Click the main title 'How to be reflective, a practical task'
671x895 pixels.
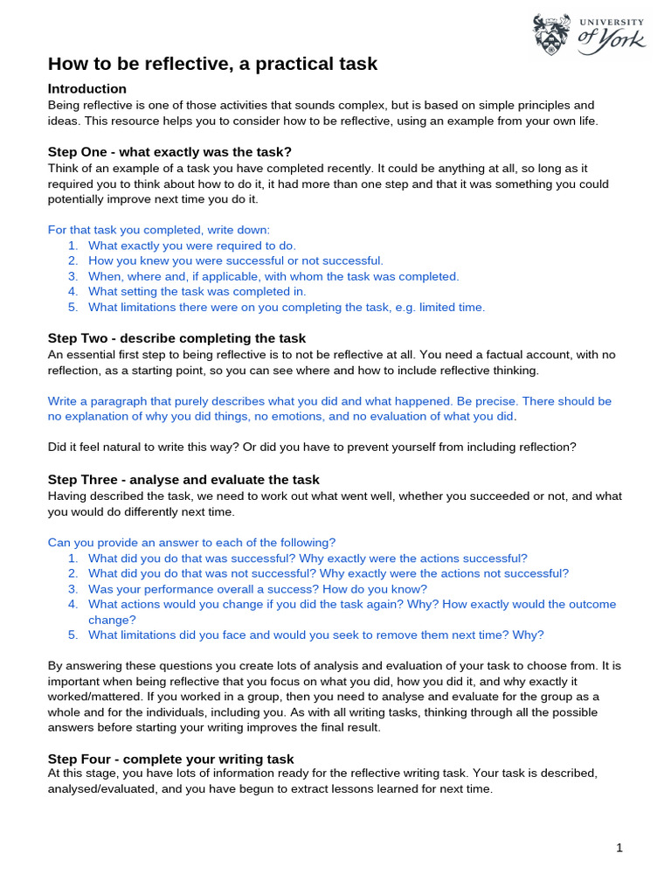tap(212, 64)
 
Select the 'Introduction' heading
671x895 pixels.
tap(86, 89)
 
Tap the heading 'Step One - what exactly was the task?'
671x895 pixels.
tap(169, 151)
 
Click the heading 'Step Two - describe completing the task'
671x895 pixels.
tap(176, 338)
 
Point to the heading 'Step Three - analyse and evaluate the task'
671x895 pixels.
tap(183, 480)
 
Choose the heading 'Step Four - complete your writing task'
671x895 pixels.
tap(170, 759)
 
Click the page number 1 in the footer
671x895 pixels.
tap(619, 848)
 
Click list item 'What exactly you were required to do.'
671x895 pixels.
tap(192, 246)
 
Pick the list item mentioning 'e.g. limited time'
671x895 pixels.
tap(287, 307)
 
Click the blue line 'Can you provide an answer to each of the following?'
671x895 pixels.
tap(191, 542)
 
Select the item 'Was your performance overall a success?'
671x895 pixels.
tap(258, 589)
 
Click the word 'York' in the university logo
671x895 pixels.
tap(624, 39)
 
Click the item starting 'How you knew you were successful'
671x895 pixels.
tap(236, 260)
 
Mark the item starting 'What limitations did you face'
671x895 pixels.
tap(316, 635)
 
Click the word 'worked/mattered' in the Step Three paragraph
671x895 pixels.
tap(91, 696)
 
